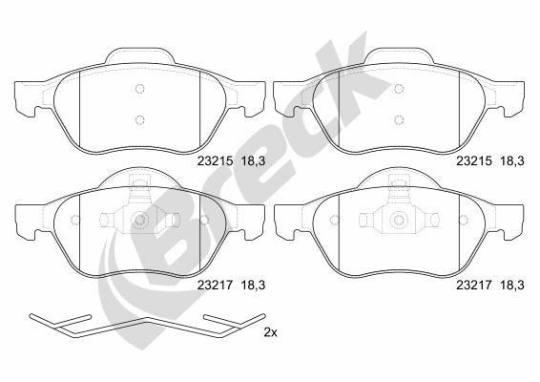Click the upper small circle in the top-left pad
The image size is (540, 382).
(x=139, y=91)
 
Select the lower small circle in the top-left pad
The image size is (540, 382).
(x=139, y=119)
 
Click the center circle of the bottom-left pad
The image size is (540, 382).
(x=139, y=221)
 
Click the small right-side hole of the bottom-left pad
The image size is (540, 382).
(x=204, y=221)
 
